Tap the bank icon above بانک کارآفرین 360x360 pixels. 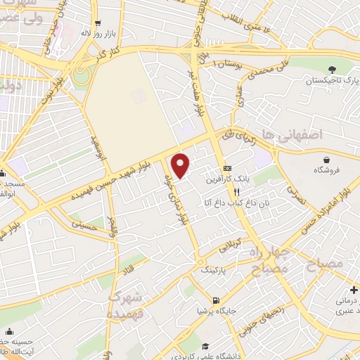pos(227,169)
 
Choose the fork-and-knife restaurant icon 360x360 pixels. pos(238,191)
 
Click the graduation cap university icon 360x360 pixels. pos(205,347)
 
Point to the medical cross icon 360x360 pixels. pos(353,290)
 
